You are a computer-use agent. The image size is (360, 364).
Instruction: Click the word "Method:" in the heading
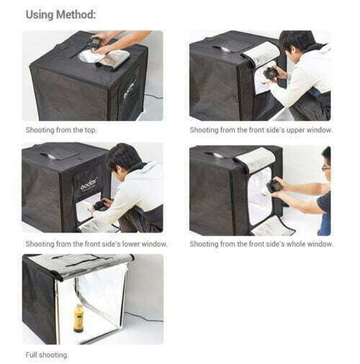coord(76,14)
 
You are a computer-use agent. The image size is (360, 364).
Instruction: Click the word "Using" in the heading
coord(40,14)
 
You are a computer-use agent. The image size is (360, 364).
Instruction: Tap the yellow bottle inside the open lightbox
coord(78,318)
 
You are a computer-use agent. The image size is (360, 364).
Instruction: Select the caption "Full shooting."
coord(47,355)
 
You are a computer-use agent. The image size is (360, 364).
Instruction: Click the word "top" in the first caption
coord(90,130)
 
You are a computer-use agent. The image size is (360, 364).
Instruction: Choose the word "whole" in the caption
coord(296,244)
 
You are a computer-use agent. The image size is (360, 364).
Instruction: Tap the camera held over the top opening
coord(94,42)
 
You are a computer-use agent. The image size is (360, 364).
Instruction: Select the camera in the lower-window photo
coord(100,206)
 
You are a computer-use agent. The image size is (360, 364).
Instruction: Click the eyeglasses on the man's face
coord(326,168)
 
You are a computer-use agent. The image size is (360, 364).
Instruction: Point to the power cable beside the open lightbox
coord(143,317)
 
